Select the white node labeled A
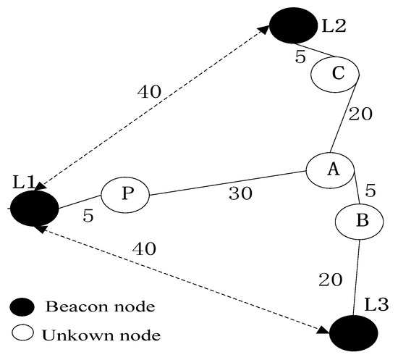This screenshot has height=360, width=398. click(x=330, y=170)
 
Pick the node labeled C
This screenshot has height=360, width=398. click(x=334, y=73)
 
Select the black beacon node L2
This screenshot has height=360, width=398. click(x=292, y=27)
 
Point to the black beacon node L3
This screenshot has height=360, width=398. click(x=353, y=334)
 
